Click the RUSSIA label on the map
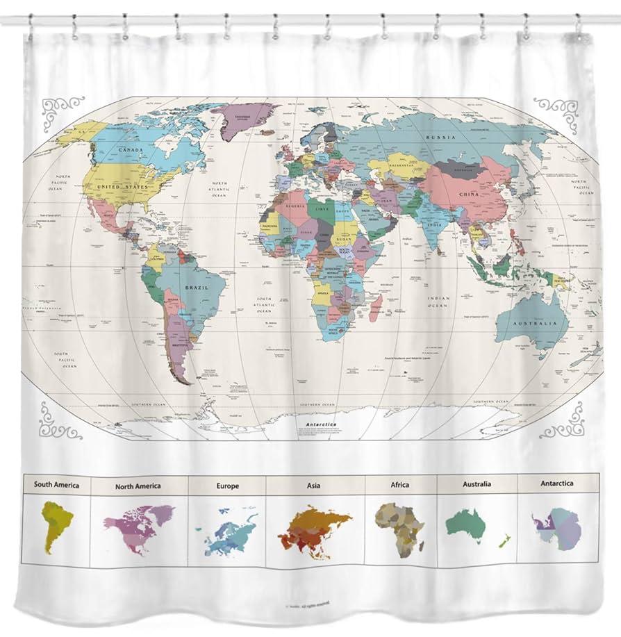[x=440, y=138]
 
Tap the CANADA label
[x=131, y=149]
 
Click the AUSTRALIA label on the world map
[x=536, y=324]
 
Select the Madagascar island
[x=376, y=307]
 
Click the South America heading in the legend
[x=57, y=484]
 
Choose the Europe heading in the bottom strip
[x=227, y=486]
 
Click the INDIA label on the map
[x=434, y=225]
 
